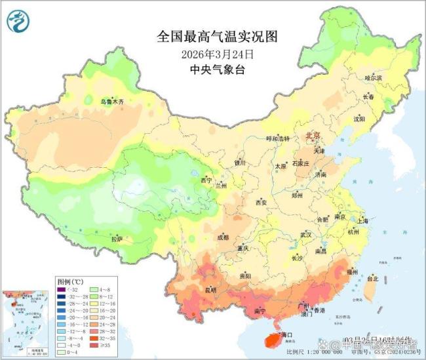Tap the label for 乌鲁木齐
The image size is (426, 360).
pyautogui.click(x=111, y=102)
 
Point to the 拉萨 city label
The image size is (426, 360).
pyautogui.click(x=117, y=239)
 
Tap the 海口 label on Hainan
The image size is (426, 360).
pyautogui.click(x=286, y=334)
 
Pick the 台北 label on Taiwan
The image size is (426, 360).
pyautogui.click(x=372, y=279)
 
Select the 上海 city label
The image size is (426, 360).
pyautogui.click(x=363, y=221)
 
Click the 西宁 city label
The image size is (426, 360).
pyautogui.click(x=206, y=180)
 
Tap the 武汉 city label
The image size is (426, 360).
pyautogui.click(x=305, y=234)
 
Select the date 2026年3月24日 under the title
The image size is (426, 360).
pyautogui.click(x=212, y=54)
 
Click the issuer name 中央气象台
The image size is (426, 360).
pyautogui.click(x=212, y=70)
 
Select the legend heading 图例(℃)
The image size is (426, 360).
pyautogui.click(x=68, y=279)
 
